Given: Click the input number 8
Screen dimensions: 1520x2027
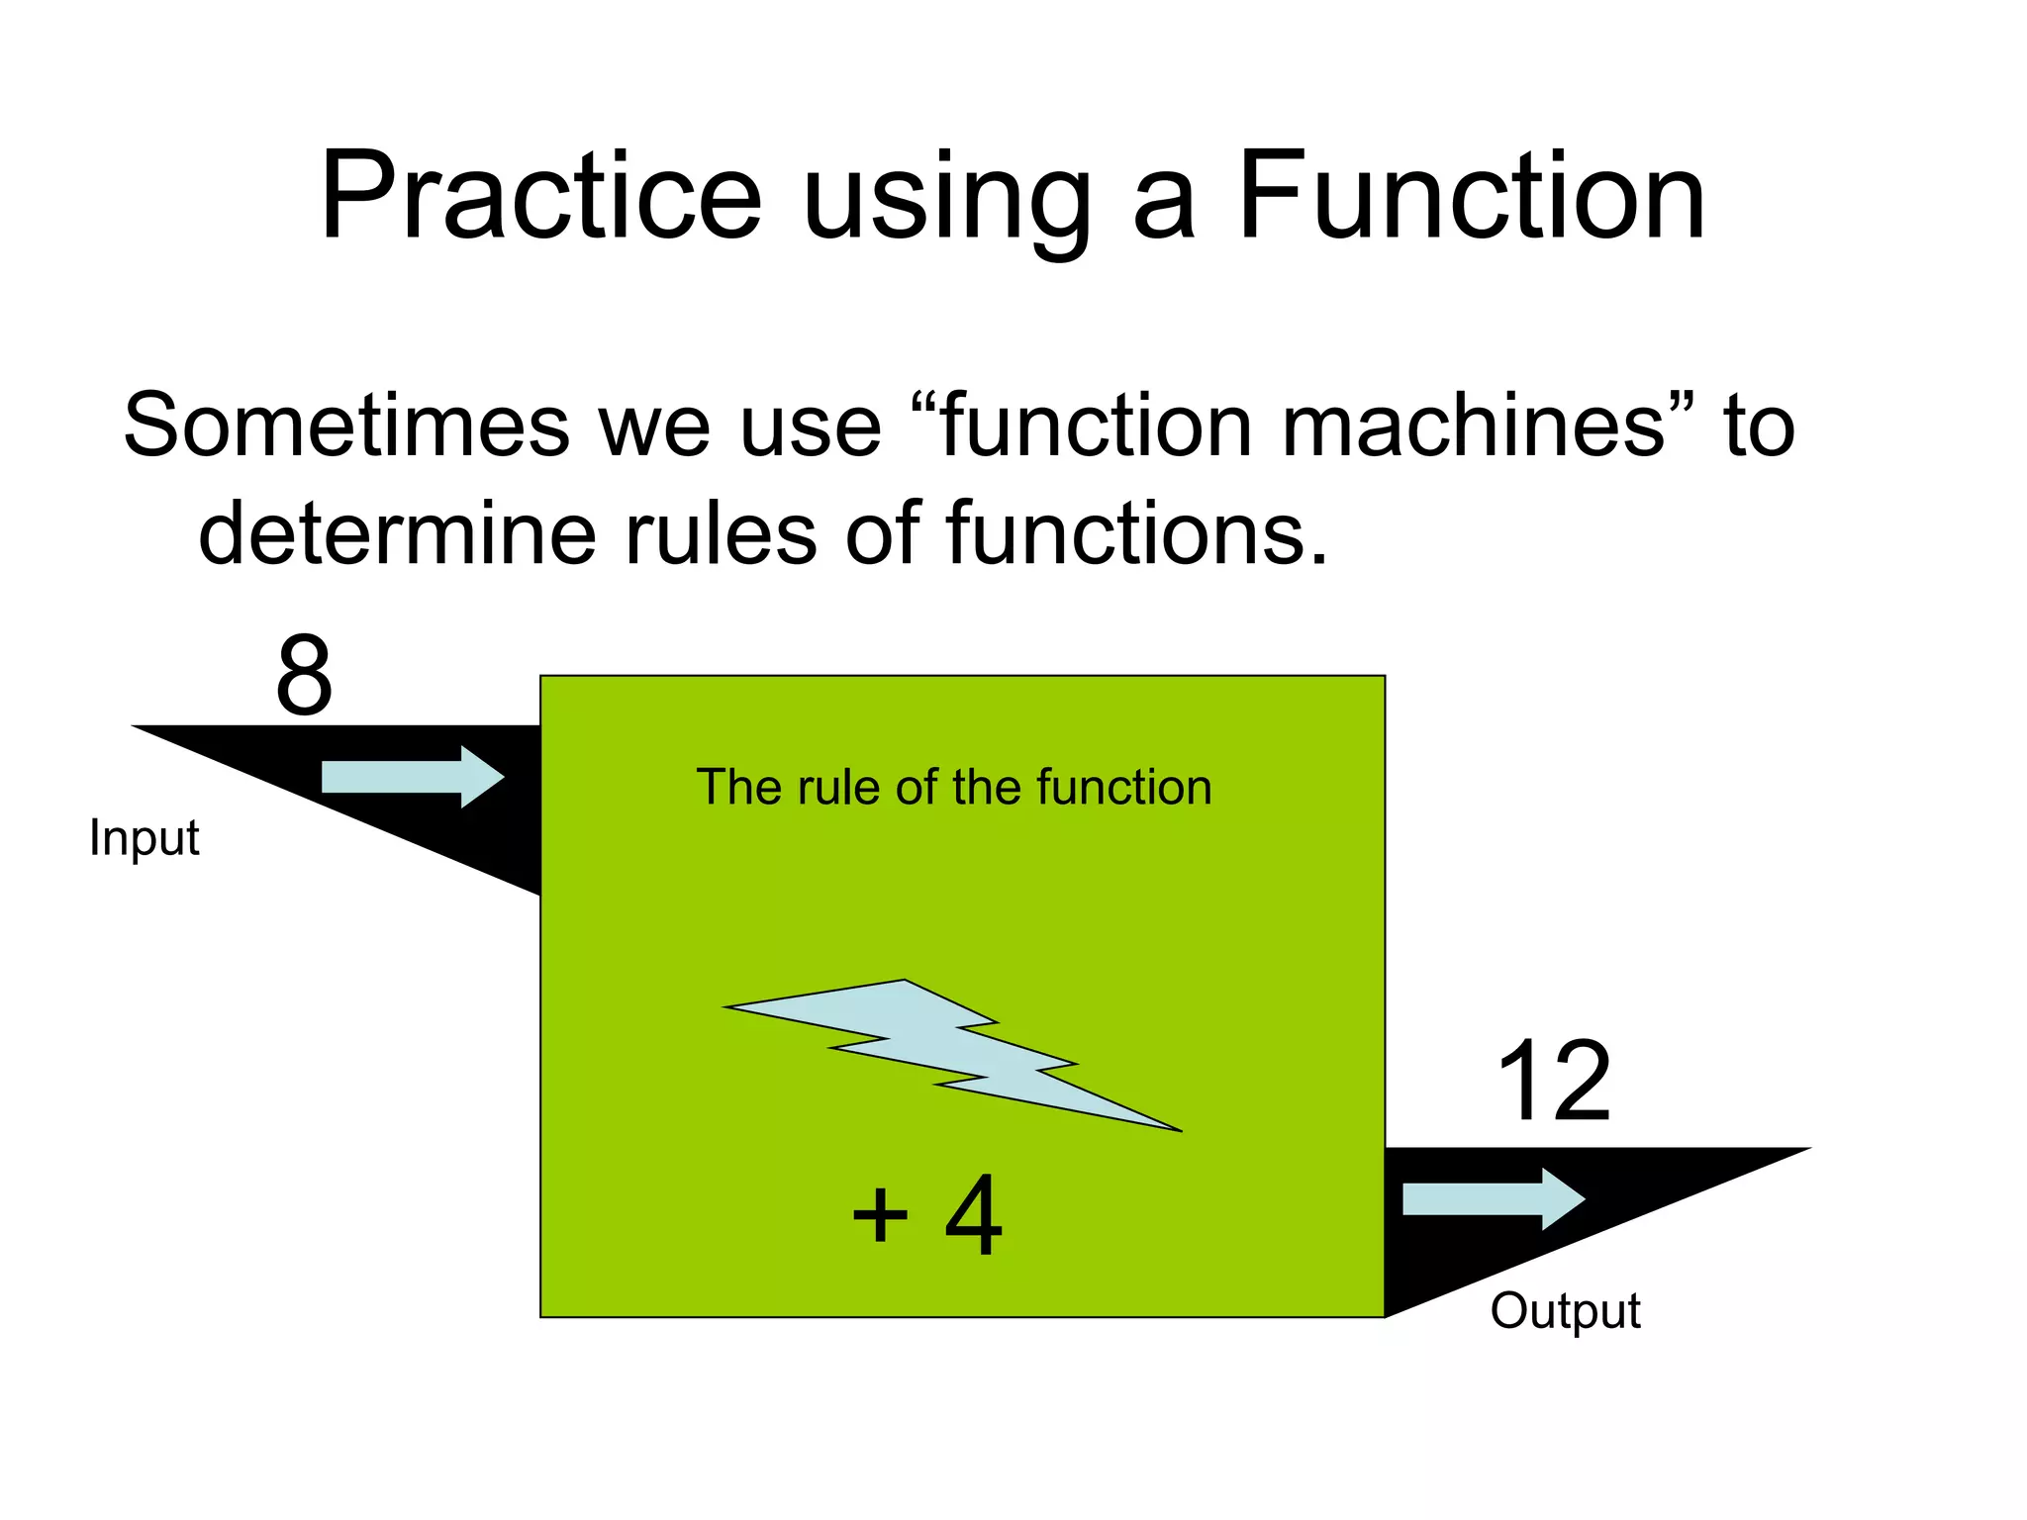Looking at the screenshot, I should (304, 677).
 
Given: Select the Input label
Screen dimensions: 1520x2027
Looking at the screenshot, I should (145, 838).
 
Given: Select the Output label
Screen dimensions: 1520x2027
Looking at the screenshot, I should (1565, 1311).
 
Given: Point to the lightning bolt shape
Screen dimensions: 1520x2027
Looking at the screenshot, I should (950, 1054).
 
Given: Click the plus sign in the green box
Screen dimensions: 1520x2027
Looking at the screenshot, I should (880, 1216).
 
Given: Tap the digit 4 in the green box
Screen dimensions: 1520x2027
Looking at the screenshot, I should (973, 1216).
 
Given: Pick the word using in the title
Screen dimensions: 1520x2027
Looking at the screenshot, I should (946, 203).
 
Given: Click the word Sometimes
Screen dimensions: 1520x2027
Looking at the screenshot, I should (346, 426).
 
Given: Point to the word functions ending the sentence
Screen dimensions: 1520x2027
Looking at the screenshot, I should (1133, 534).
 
